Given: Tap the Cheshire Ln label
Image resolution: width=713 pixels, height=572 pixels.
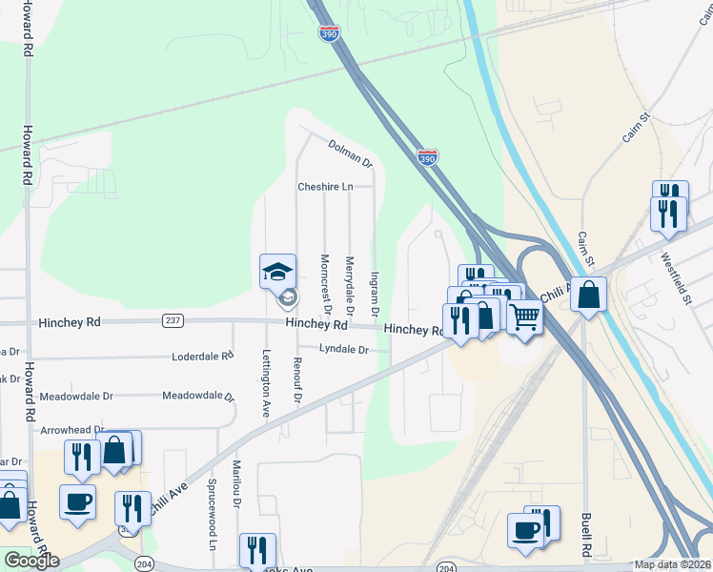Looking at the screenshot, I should point(325,187).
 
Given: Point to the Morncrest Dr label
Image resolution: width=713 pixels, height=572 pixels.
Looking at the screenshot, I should point(325,284).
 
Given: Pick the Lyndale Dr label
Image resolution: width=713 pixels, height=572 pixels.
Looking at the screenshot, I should point(343,350).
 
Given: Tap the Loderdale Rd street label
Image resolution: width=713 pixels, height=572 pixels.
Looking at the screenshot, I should point(202,357).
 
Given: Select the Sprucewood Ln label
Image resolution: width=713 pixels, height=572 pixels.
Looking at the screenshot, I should point(212,522).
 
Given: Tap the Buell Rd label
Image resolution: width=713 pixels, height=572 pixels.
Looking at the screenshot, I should point(586,537).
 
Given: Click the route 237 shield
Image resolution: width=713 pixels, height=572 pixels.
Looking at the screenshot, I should point(173,320).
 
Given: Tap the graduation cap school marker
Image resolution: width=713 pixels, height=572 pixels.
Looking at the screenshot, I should point(279,273).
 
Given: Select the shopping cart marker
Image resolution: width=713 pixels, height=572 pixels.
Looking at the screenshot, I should point(524,317).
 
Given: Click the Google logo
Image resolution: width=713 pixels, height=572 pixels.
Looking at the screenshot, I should point(31,561).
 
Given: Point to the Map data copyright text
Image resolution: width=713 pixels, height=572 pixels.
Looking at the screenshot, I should point(673,564).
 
